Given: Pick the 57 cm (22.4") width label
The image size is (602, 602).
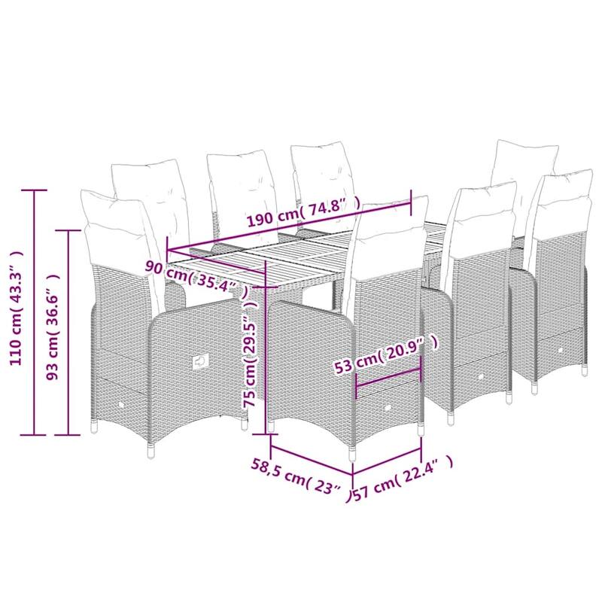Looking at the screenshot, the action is coord(403,479).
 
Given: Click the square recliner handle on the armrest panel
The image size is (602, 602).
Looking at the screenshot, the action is coord(200,361).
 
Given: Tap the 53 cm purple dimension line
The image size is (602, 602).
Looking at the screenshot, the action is coord(388,377).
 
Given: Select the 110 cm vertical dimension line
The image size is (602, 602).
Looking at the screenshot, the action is coord(34,312).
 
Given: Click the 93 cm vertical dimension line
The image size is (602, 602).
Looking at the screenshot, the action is coord(68,333).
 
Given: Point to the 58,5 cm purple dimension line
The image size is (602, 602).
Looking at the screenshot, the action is coord(312,461).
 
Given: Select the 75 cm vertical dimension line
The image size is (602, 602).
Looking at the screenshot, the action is coord(266,348).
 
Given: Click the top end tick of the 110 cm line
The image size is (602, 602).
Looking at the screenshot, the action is coord(34,190).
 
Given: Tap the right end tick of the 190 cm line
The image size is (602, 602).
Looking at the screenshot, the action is coord(412,202).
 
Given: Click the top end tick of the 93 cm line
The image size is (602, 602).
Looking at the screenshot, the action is coord(68,230).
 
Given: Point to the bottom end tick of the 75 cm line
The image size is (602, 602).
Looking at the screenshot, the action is coord(266,434).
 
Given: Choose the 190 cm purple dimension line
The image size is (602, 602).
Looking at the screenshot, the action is coord(290,227).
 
